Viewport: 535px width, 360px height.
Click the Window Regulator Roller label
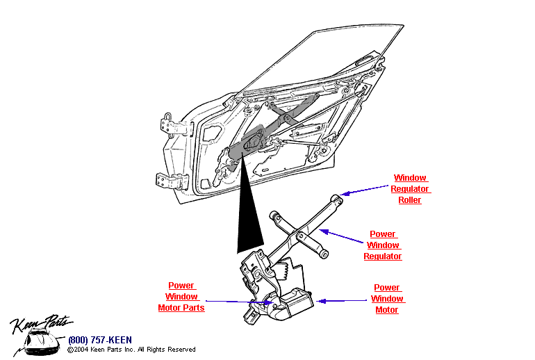[410, 189]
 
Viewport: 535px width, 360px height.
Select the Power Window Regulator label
[383, 245]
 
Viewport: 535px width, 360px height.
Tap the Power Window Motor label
[387, 299]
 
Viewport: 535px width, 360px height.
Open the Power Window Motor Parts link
[181, 297]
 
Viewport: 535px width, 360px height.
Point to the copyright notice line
[131, 350]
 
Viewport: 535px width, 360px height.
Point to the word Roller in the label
[410, 200]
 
